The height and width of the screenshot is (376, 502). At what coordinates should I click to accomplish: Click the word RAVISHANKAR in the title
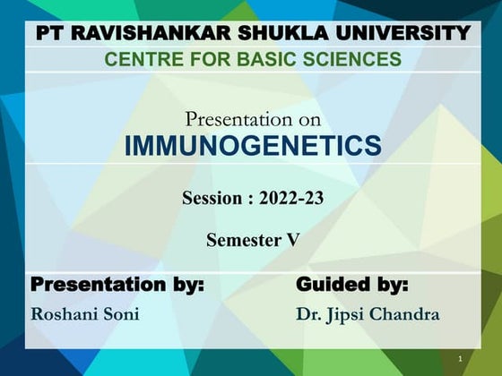pos(148,34)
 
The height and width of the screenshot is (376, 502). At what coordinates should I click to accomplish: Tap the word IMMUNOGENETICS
pos(253,146)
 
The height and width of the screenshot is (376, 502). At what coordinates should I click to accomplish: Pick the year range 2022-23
pos(291,199)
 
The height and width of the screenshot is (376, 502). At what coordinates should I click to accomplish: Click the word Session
pos(213,199)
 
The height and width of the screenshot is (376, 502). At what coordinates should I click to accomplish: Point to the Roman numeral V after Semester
pos(293,240)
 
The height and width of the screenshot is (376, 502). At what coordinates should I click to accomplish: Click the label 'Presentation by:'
pos(117,286)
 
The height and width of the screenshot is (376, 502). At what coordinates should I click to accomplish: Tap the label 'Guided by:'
pos(351,286)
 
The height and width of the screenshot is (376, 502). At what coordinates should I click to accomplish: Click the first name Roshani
pos(65,314)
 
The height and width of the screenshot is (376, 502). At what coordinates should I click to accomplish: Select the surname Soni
pos(122,314)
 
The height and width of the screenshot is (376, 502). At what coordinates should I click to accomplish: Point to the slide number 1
pos(459,359)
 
